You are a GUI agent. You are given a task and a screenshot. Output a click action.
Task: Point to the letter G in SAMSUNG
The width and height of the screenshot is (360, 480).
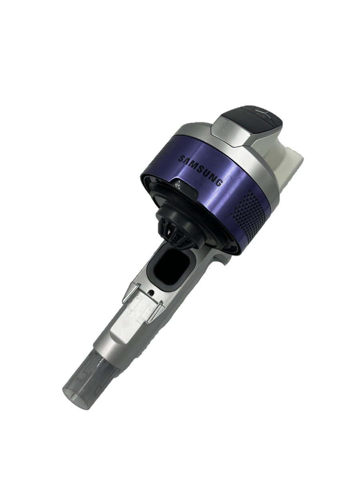tap(219, 184)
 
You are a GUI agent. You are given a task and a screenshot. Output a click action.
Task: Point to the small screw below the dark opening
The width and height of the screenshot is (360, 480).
tap(152, 292)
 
